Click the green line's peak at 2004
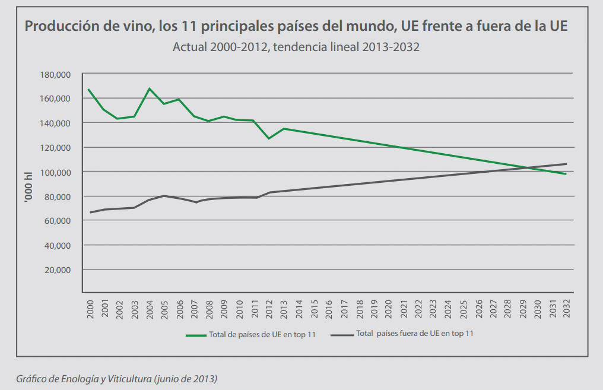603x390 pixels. (150, 88)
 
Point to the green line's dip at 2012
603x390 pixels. (269, 138)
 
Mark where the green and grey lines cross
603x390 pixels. (526, 168)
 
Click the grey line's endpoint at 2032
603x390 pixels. (566, 164)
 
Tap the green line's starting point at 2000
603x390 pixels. (88, 90)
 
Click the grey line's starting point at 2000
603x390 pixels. (90, 213)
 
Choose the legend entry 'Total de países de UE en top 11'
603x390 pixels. (262, 335)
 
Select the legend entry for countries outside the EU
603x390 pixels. (415, 334)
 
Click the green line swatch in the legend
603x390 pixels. (196, 335)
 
